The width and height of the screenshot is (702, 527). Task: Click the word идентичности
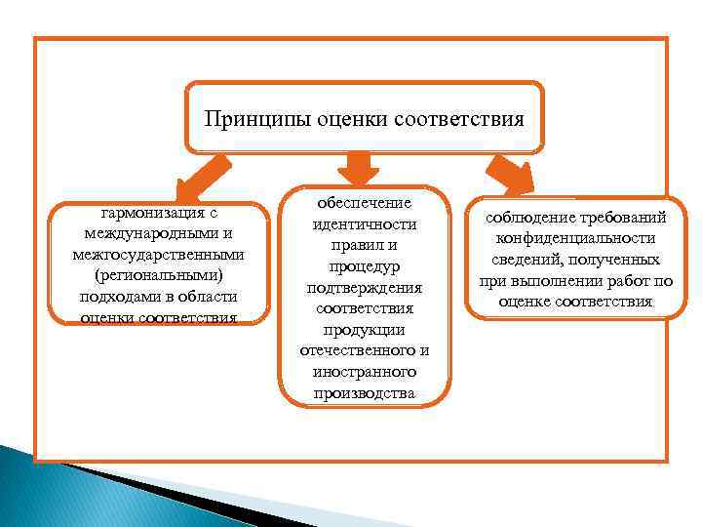[365, 224]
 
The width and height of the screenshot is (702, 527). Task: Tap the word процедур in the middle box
[365, 266]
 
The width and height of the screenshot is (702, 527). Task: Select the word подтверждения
[365, 288]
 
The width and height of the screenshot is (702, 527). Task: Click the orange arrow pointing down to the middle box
[364, 166]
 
